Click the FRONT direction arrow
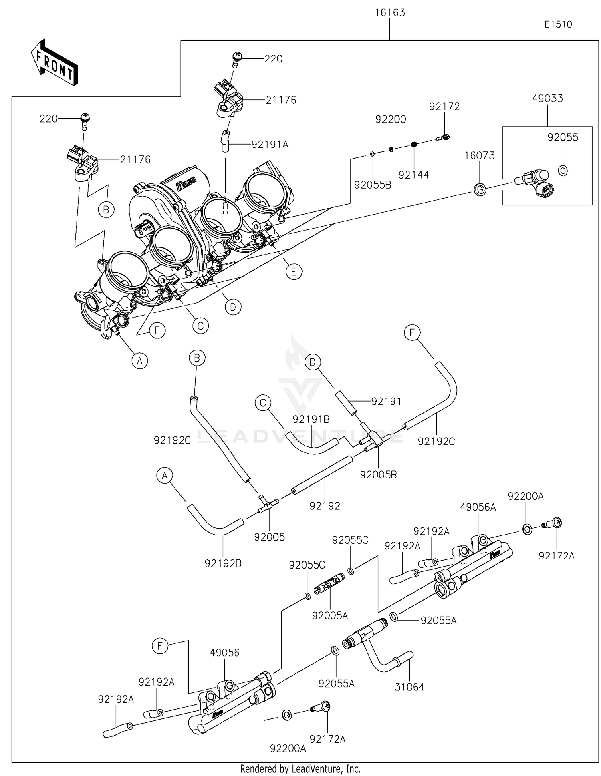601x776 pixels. [x=54, y=63]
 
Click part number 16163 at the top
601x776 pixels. [x=389, y=13]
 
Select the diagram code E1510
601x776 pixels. [x=558, y=24]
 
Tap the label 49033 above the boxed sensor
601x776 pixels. [x=547, y=99]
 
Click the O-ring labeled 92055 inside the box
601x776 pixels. [x=563, y=171]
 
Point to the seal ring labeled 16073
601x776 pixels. [x=480, y=189]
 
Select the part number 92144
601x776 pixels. [x=413, y=175]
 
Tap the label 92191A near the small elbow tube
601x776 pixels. [x=270, y=145]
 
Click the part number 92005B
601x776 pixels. [x=378, y=475]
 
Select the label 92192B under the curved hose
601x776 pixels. [x=223, y=563]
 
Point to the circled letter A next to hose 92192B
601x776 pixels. [x=164, y=476]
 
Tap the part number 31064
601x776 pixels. [x=409, y=687]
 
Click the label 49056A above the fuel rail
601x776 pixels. [x=478, y=507]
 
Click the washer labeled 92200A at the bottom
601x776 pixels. [x=287, y=714]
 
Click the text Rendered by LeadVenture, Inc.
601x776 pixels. [x=300, y=769]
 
